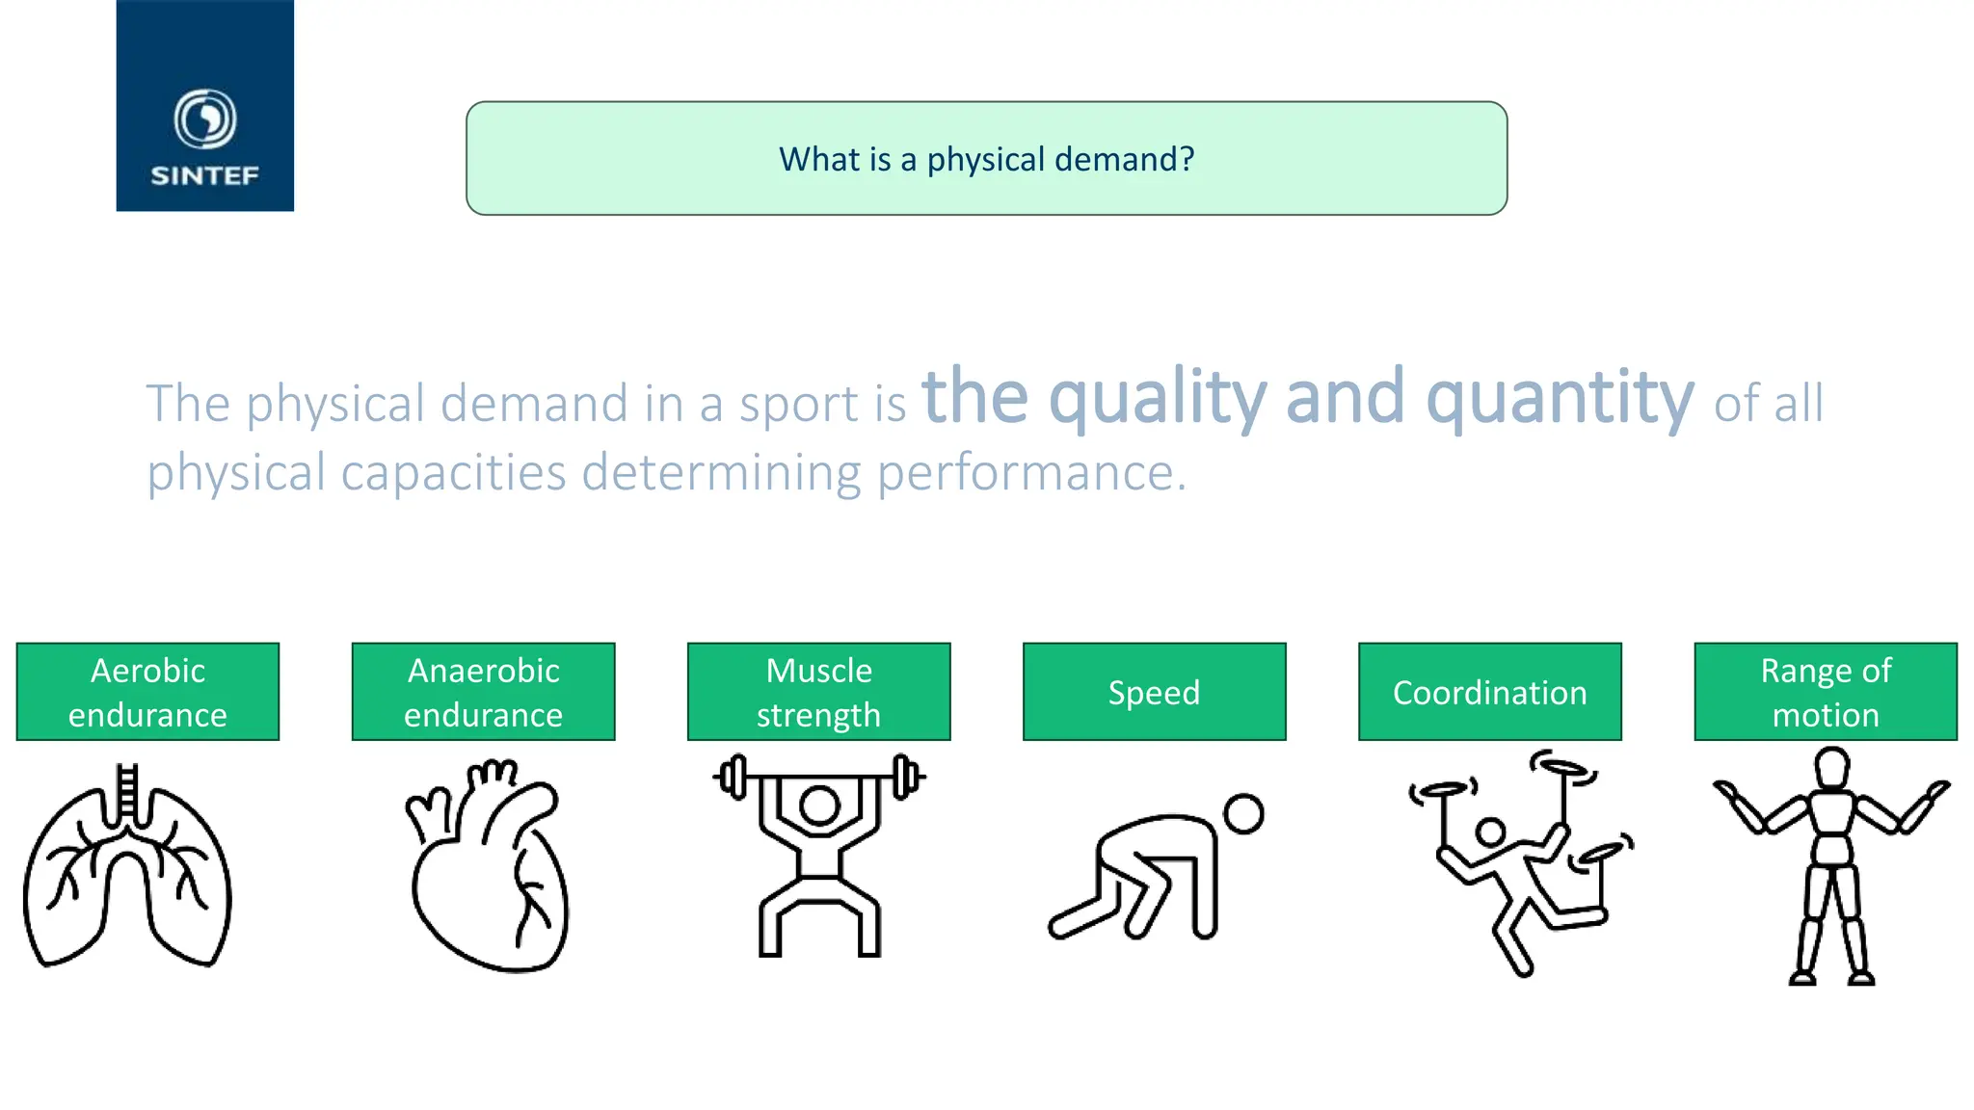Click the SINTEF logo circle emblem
204,119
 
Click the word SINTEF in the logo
204,175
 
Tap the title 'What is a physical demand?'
986,159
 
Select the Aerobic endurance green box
147,692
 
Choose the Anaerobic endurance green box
483,692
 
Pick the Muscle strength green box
818,692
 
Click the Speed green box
1154,692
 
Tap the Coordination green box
1489,692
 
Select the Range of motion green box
1825,692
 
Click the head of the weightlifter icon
819,806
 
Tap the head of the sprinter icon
1243,813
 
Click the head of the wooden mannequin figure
1831,768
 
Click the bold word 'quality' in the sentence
1157,398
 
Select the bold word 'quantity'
1559,398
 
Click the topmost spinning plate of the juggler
1562,768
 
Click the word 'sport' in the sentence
798,404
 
